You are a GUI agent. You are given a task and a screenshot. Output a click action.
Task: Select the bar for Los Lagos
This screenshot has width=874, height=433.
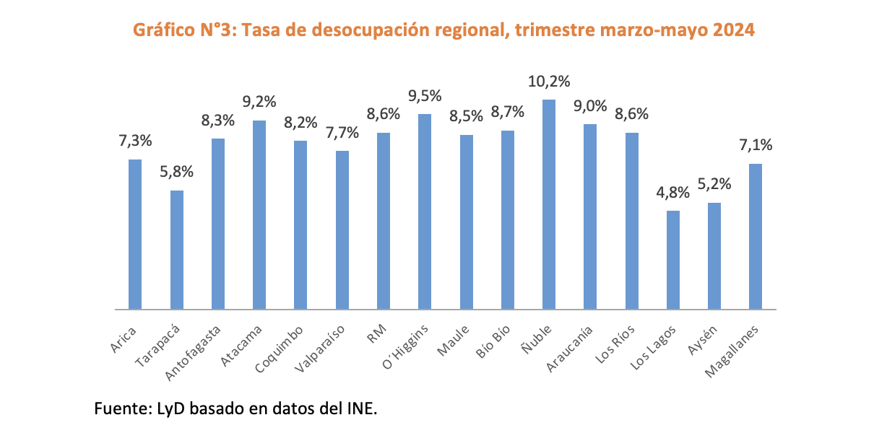[673, 260]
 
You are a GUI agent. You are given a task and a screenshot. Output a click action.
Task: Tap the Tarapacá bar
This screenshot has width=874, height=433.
[176, 250]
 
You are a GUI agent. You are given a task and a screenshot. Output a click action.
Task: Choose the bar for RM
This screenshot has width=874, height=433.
[384, 221]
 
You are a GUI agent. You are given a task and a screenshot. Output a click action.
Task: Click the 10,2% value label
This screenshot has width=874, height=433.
[549, 82]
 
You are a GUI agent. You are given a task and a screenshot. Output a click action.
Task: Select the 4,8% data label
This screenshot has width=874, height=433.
[673, 193]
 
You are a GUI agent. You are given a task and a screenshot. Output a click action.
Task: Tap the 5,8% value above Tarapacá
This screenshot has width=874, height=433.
[176, 172]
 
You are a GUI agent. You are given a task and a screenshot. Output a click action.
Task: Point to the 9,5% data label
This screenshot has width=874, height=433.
[425, 96]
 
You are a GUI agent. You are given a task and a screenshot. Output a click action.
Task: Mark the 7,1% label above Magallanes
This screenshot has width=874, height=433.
[756, 146]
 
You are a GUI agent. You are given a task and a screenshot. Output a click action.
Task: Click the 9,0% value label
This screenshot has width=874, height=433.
[590, 106]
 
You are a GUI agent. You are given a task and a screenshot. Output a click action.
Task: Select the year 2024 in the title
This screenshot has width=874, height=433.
[735, 30]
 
